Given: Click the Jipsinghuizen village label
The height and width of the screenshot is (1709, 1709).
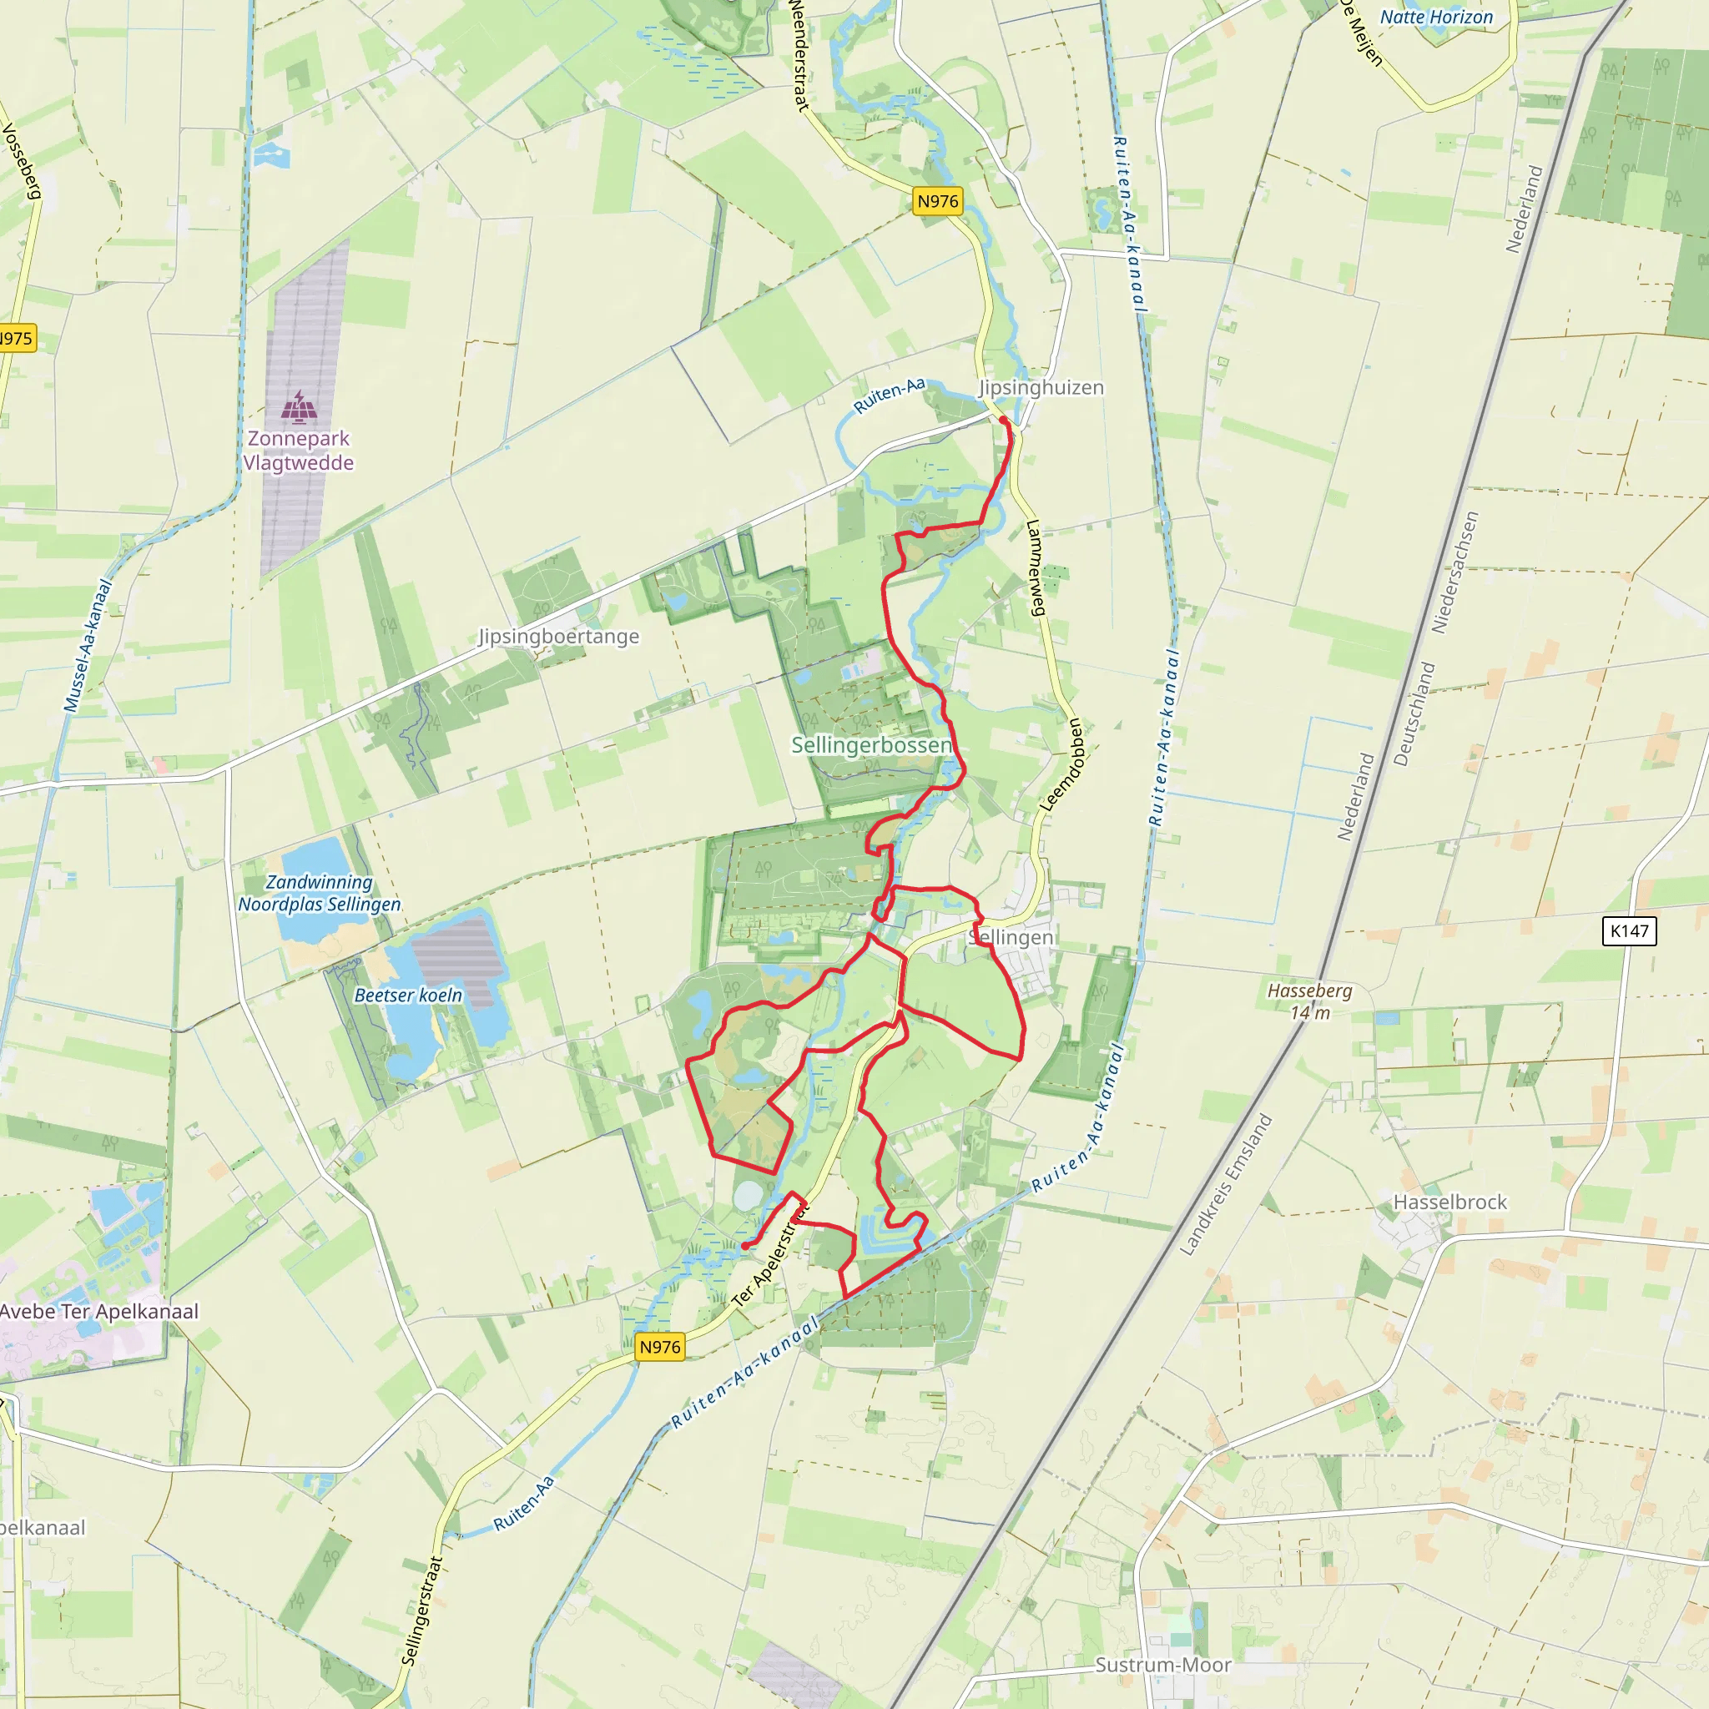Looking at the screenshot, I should coord(1041,387).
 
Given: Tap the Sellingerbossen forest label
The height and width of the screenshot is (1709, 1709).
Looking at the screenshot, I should coord(871,745).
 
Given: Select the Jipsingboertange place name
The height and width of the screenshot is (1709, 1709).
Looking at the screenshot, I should coord(558,636).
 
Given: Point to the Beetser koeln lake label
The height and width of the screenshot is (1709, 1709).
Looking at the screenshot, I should coord(408,996).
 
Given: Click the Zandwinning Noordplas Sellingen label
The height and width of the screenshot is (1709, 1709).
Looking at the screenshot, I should coord(320,894).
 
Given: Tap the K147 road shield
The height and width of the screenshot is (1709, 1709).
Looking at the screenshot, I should coord(1629,930).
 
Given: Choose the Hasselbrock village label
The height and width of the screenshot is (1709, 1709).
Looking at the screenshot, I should coord(1449,1202).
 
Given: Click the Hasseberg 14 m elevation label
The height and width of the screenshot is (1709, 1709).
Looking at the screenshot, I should coord(1309,1001).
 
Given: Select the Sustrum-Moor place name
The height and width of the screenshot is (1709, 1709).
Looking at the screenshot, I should coord(1162,1665).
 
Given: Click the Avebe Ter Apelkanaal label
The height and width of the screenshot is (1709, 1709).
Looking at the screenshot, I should coord(99,1311).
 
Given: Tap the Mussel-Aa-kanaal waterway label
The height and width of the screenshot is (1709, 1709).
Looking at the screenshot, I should coord(88,645).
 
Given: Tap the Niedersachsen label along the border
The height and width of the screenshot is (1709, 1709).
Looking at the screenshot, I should coord(1454,572).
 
